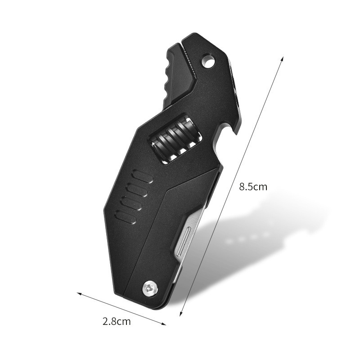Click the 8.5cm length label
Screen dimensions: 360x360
tap(253, 187)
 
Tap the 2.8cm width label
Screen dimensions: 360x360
tap(117, 321)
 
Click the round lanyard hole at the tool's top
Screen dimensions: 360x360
tap(208, 61)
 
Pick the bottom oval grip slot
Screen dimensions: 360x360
tap(125, 217)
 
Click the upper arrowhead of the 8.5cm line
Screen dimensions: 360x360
tap(282, 58)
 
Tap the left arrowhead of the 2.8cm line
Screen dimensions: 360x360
tap(78, 294)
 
